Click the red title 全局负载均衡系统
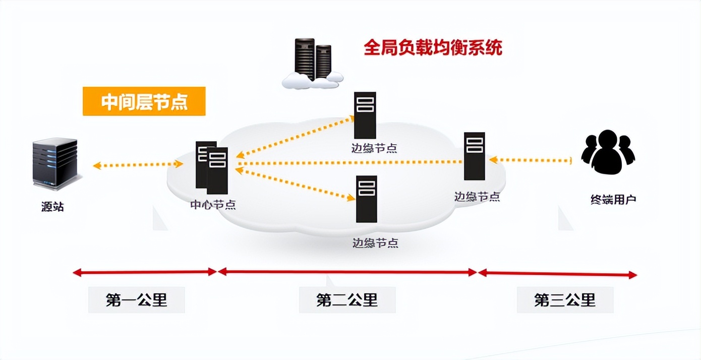433,48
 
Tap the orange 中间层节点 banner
144,101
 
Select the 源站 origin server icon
55,163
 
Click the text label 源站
52,207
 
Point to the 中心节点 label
213,205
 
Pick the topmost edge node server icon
365,115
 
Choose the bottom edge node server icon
367,199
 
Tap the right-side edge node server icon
474,156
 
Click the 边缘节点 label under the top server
374,148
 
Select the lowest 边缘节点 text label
375,243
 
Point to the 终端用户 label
613,199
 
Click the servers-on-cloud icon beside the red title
312,64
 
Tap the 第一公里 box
136,300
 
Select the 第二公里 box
347,300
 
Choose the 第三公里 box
565,300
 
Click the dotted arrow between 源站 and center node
138,164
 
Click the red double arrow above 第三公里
557,273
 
